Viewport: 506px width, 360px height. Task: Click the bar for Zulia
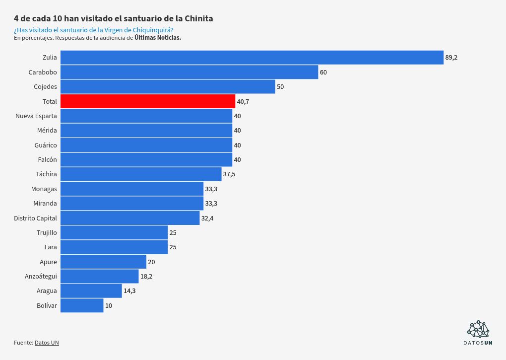pyautogui.click(x=252, y=58)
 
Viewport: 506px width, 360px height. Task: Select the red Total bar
pyautogui.click(x=147, y=101)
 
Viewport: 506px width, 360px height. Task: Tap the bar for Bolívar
pyautogui.click(x=82, y=305)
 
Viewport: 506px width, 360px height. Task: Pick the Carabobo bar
pyautogui.click(x=189, y=72)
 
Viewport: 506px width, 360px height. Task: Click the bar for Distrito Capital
pyautogui.click(x=130, y=218)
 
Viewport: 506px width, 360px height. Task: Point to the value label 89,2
pyautogui.click(x=451, y=58)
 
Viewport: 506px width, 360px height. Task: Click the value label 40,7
pyautogui.click(x=243, y=101)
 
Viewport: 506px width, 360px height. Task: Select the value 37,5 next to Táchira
pyautogui.click(x=229, y=174)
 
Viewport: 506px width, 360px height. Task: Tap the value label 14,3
pyautogui.click(x=129, y=291)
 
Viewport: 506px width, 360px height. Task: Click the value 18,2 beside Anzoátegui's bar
pyautogui.click(x=146, y=276)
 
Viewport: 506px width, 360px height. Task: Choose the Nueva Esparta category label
pyautogui.click(x=36, y=116)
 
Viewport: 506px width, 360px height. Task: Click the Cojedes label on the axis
pyautogui.click(x=45, y=87)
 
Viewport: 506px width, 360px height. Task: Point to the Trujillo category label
pyautogui.click(x=47, y=232)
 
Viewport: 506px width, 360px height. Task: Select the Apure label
pyautogui.click(x=48, y=262)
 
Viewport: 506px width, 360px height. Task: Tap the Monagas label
pyautogui.click(x=44, y=189)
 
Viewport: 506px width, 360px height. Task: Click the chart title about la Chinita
pyautogui.click(x=114, y=18)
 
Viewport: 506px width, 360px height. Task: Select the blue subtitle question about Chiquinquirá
pyautogui.click(x=93, y=30)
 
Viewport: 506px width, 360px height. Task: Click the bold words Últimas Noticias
pyautogui.click(x=157, y=38)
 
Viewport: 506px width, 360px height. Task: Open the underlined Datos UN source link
pyautogui.click(x=47, y=343)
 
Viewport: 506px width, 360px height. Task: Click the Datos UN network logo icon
pyautogui.click(x=478, y=329)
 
